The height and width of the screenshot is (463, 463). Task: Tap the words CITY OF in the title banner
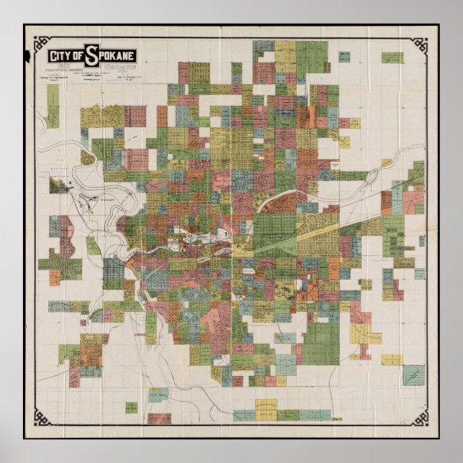pyautogui.click(x=65, y=56)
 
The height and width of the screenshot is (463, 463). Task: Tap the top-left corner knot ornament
pyautogui.click(x=42, y=42)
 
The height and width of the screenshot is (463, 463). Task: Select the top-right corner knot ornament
pyautogui.click(x=418, y=42)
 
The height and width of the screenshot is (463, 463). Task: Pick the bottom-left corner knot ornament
pyautogui.click(x=42, y=418)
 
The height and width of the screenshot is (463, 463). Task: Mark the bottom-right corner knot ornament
pyautogui.click(x=418, y=418)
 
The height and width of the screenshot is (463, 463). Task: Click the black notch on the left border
pyautogui.click(x=27, y=55)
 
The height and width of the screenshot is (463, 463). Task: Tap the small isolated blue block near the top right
pyautogui.click(x=344, y=56)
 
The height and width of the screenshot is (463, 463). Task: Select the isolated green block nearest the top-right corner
pyautogui.click(x=392, y=58)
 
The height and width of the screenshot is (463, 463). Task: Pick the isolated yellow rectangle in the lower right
pyautogui.click(x=392, y=359)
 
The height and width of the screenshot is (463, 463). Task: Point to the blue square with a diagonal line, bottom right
pyautogui.click(x=413, y=375)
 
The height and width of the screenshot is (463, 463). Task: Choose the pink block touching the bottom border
pyautogui.click(x=160, y=418)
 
